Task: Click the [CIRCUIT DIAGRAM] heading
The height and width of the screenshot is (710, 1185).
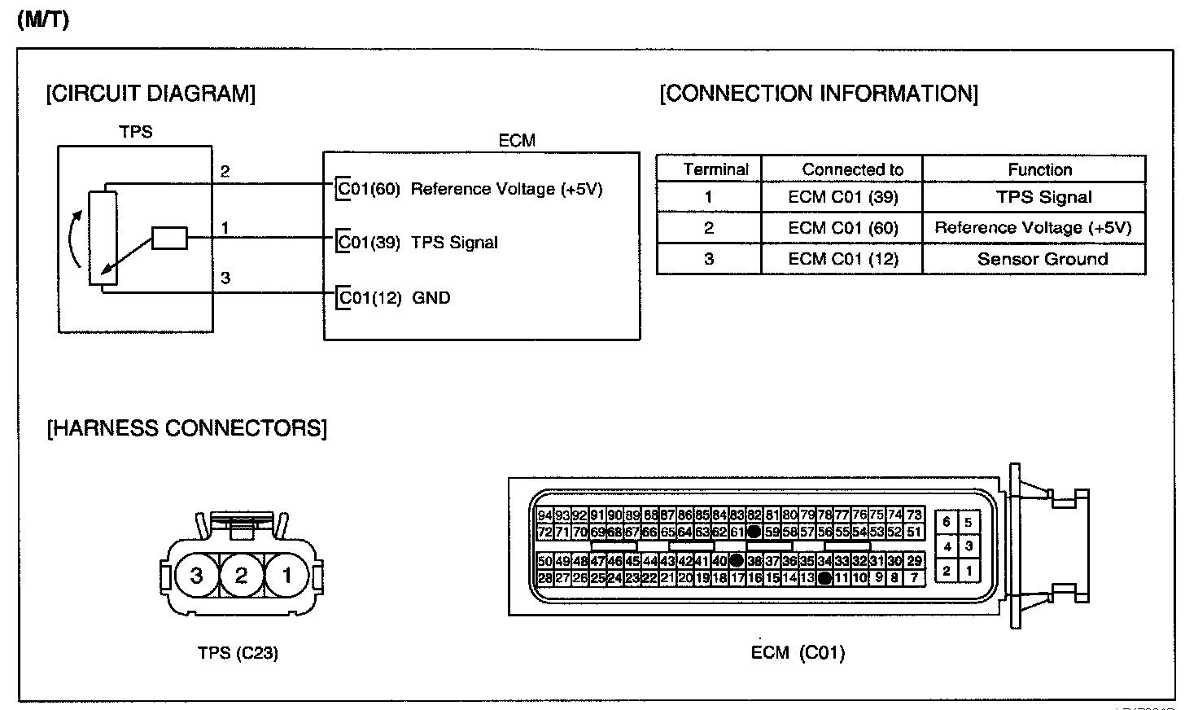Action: [151, 94]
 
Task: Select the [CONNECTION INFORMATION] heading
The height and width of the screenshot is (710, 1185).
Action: [819, 94]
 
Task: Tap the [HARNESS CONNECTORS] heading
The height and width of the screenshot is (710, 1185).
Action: [186, 428]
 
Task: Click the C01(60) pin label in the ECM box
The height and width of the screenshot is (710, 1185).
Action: [369, 189]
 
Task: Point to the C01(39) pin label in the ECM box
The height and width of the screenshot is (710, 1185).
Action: [369, 243]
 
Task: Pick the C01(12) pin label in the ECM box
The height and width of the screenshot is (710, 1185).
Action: [370, 298]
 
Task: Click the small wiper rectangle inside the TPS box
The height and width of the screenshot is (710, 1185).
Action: [170, 239]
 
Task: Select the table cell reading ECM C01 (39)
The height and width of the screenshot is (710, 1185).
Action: [842, 198]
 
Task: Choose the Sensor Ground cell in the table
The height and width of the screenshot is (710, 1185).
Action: [1042, 260]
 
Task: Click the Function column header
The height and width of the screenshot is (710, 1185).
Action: [1039, 170]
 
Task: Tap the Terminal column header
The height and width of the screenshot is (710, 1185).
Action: [715, 170]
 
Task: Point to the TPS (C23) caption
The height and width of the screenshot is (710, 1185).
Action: [238, 653]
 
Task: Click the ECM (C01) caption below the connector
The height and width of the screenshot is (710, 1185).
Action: [798, 653]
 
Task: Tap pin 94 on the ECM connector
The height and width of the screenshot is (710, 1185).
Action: [545, 515]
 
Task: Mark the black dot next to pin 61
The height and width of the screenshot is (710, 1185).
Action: [754, 532]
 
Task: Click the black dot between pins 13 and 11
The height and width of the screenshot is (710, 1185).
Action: [824, 578]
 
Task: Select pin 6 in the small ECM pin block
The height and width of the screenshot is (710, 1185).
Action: [947, 523]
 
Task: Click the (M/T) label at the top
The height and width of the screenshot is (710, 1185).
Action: [42, 20]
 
